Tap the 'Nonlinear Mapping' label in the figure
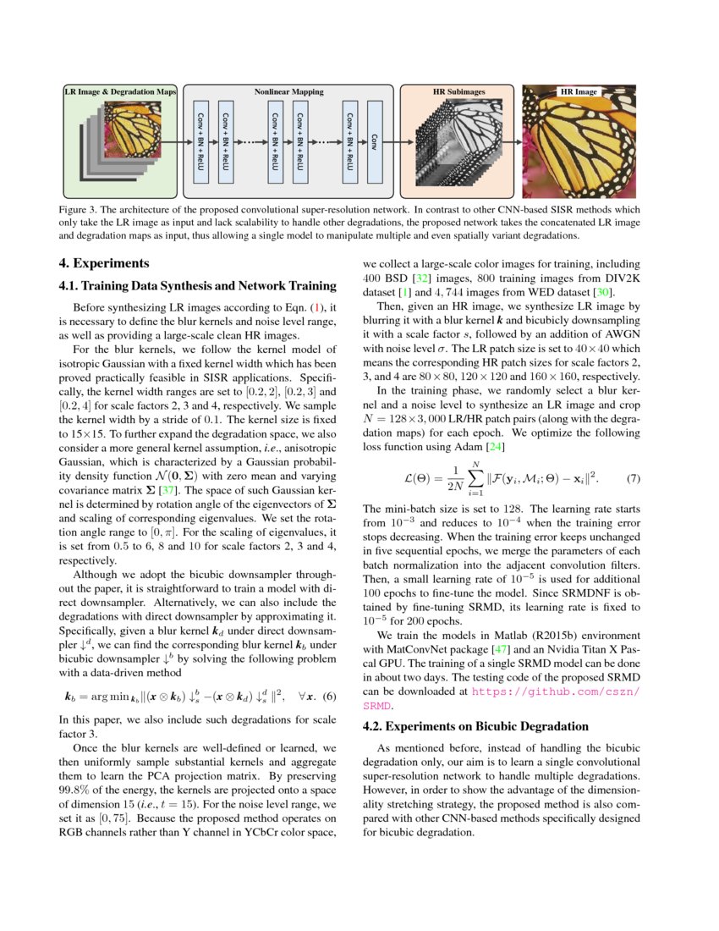pos(288,91)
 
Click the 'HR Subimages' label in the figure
pos(458,91)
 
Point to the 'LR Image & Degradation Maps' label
pos(120,91)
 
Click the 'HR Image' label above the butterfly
pos(579,91)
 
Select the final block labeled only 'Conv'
pos(375,143)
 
